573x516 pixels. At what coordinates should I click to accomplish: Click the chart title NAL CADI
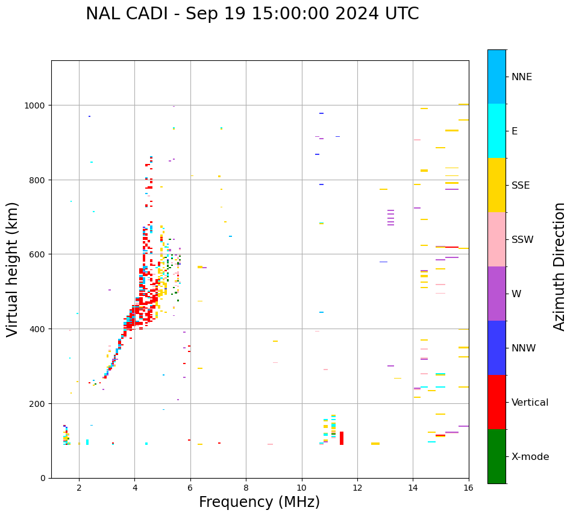click(x=252, y=14)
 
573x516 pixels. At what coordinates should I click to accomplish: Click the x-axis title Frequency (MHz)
click(x=259, y=502)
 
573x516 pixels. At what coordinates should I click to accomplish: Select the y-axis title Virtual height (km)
click(x=13, y=269)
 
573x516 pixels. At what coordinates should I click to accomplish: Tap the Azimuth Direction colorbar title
click(x=560, y=266)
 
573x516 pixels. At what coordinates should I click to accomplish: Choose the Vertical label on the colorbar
click(x=530, y=402)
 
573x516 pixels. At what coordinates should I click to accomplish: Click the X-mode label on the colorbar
click(x=530, y=456)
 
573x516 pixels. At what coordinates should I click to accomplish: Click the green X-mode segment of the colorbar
click(x=496, y=456)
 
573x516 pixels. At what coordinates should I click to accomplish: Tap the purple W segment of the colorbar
click(x=496, y=294)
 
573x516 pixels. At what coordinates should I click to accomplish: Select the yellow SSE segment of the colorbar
click(x=496, y=185)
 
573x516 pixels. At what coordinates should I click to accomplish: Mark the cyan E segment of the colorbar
click(x=496, y=131)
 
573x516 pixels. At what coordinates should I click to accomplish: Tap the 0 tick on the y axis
click(x=45, y=478)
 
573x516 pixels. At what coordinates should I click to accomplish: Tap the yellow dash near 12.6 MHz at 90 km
click(x=375, y=444)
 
